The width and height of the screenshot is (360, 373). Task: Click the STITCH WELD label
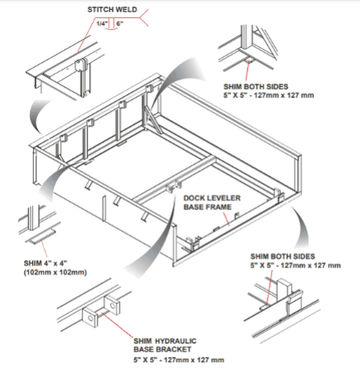[112, 10]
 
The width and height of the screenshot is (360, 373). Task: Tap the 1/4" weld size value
[102, 23]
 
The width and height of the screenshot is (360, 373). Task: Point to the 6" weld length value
[120, 23]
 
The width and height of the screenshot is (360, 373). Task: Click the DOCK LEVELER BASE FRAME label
[212, 203]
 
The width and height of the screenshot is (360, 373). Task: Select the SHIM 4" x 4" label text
[46, 263]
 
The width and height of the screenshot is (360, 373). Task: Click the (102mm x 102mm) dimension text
[55, 272]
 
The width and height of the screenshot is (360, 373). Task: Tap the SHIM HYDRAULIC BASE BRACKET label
[165, 345]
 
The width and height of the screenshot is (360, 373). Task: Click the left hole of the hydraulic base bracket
[91, 318]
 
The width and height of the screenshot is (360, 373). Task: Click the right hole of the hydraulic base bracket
[113, 305]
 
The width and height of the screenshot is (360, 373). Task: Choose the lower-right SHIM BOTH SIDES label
[282, 256]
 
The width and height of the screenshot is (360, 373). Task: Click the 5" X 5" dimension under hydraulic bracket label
[179, 360]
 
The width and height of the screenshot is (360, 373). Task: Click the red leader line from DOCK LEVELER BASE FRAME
[226, 218]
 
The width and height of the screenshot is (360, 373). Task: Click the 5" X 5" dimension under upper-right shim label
[269, 95]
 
